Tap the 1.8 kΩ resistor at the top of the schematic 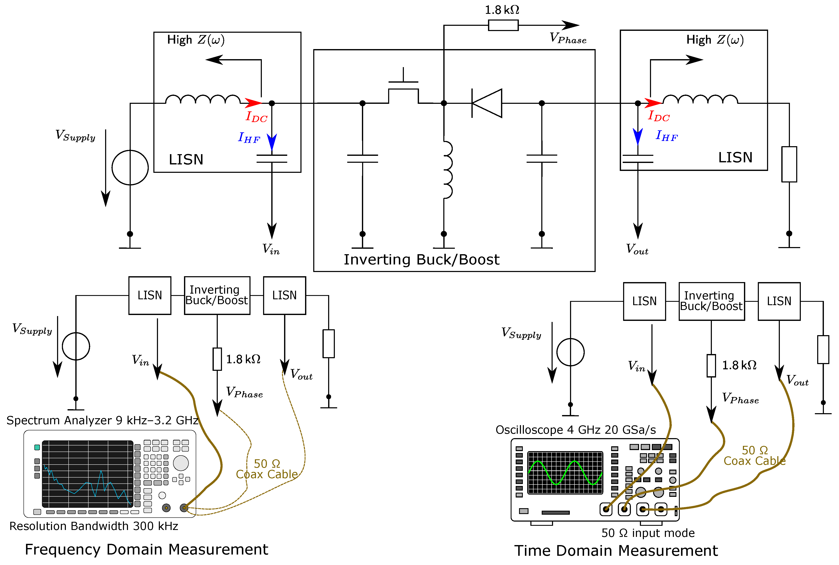503,25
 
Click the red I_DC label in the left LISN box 256,117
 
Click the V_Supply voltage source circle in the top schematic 130,168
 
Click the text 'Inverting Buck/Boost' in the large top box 421,259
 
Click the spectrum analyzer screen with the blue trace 87,474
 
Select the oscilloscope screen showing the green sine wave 565,472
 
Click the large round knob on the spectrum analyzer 181,463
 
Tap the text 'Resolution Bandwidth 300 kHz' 94,526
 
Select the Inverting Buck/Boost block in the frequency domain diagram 217,296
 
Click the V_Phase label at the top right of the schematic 568,38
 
